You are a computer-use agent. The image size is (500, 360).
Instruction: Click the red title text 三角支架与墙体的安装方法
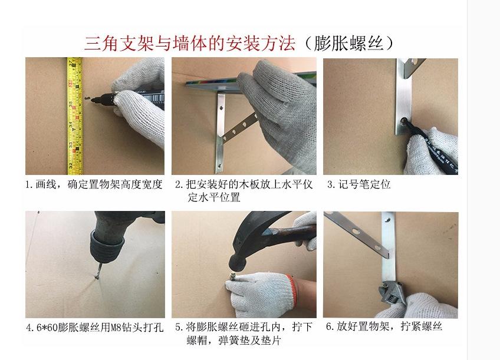[190, 44]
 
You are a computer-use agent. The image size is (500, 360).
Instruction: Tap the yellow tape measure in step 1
[75, 116]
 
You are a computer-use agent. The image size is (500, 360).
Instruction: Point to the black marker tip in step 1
[93, 100]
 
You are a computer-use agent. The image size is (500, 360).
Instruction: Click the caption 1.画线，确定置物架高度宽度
[94, 184]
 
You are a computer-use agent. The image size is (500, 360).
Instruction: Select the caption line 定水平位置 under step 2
[213, 197]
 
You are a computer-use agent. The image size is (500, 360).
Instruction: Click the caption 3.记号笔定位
[358, 184]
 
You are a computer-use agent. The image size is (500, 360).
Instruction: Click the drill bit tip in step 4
[96, 278]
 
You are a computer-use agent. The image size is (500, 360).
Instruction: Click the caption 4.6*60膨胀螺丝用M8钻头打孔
[95, 328]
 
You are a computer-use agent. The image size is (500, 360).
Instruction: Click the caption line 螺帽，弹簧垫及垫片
[233, 340]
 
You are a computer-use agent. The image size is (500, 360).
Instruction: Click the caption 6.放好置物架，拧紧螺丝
[384, 326]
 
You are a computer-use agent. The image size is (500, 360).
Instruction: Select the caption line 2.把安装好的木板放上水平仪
[244, 184]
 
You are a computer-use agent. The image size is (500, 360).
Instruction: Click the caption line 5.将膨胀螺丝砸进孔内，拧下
[244, 327]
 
